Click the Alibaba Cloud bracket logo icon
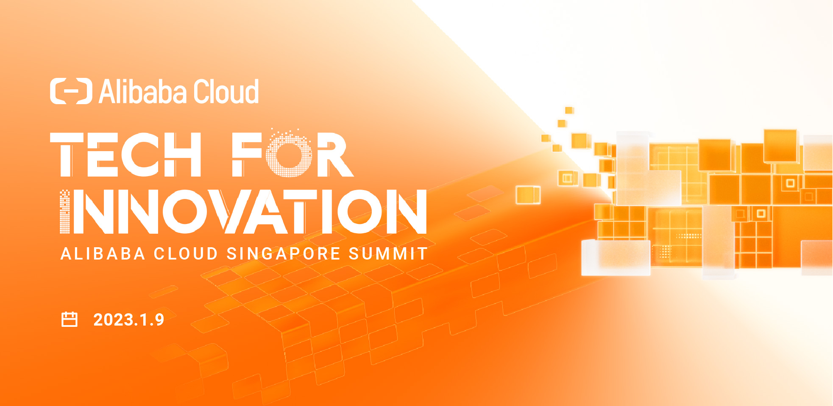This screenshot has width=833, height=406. click(71, 91)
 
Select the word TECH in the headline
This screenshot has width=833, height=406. click(125, 155)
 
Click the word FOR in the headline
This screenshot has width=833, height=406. click(293, 155)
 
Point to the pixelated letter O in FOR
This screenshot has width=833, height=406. click(289, 155)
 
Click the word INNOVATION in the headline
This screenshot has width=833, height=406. click(243, 212)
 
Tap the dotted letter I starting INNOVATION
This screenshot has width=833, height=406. click(64, 212)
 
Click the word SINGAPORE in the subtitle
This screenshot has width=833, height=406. click(283, 254)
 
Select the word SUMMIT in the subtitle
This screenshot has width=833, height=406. click(387, 254)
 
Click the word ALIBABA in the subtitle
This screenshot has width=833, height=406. click(103, 254)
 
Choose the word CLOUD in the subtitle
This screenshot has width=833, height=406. click(186, 254)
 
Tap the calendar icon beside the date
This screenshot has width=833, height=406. click(70, 320)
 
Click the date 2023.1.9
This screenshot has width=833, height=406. click(128, 320)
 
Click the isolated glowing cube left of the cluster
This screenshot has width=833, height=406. click(528, 195)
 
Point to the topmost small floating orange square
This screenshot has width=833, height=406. click(569, 110)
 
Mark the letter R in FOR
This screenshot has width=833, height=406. click(334, 155)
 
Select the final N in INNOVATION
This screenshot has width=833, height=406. click(406, 212)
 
